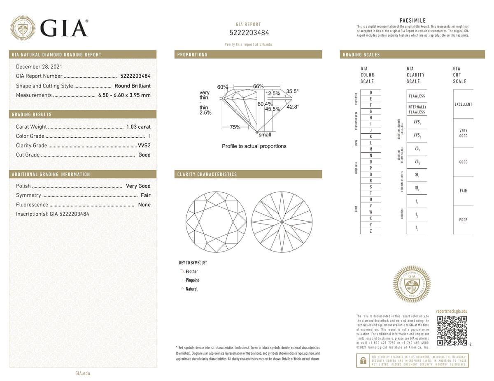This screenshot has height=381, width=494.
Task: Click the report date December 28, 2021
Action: (39, 67)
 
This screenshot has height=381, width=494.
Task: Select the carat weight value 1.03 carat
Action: (138, 127)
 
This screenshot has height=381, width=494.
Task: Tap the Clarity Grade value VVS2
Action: (144, 145)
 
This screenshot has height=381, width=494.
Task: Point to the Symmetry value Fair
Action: (145, 195)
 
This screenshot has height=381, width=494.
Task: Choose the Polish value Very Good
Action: (138, 186)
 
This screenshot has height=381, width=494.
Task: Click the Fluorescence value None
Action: (144, 205)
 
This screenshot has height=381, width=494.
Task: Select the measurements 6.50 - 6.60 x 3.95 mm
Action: (124, 95)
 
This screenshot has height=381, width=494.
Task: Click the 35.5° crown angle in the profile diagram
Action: (292, 91)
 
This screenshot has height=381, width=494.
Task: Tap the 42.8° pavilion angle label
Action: (293, 107)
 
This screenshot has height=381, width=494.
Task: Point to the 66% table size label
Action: (258, 86)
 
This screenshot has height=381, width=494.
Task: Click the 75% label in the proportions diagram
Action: (235, 127)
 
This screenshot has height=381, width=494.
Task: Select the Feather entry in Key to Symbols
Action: (191, 272)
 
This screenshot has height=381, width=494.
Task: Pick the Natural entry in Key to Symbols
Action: (191, 289)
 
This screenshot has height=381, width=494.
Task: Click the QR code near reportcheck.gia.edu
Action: (452, 330)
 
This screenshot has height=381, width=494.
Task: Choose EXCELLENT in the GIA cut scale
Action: (463, 104)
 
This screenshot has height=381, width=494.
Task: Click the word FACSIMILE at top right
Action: (412, 21)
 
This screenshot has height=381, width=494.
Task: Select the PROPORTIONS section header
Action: (192, 55)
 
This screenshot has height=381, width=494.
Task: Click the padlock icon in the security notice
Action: (363, 360)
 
